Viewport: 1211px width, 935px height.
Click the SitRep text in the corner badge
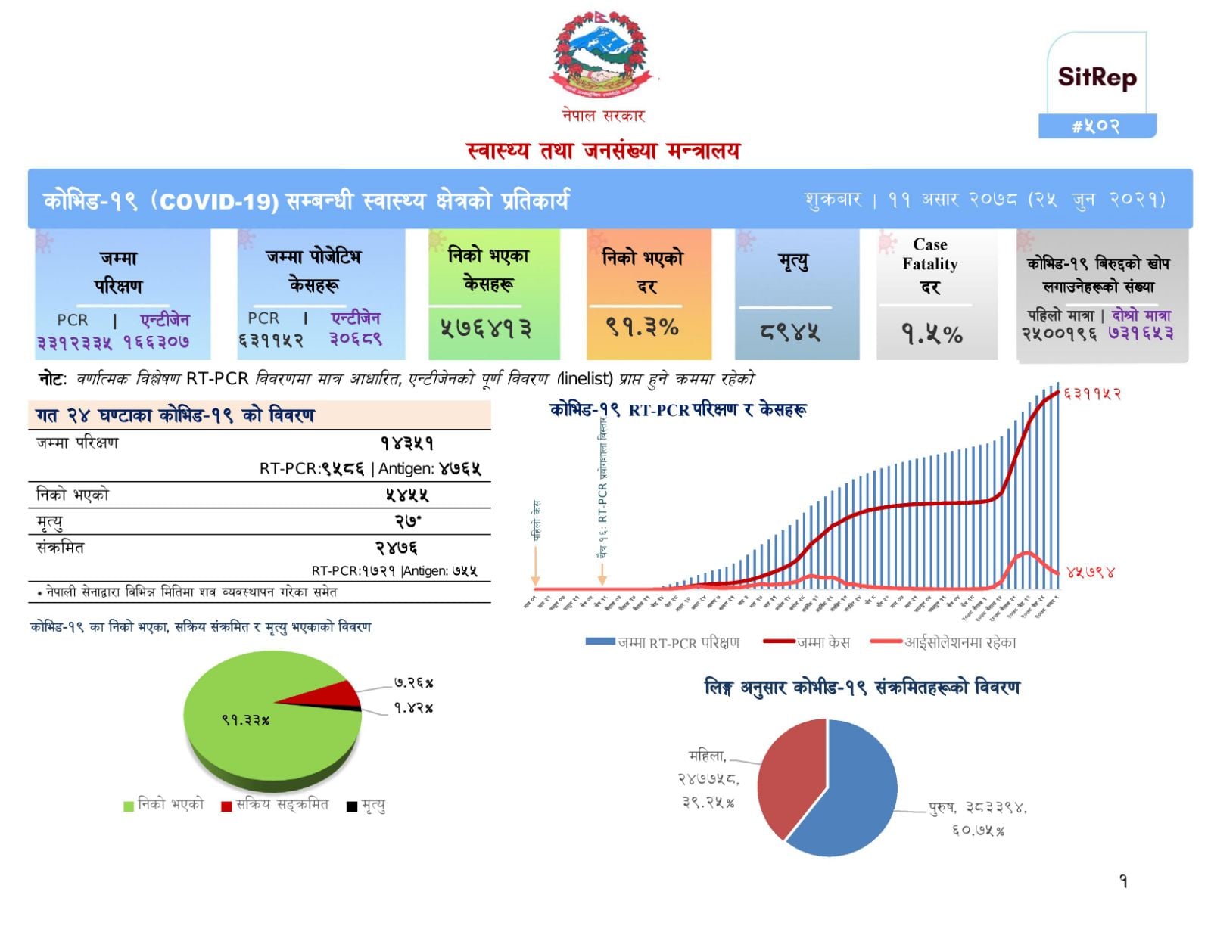[1097, 77]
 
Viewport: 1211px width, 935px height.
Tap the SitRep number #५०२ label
[1096, 126]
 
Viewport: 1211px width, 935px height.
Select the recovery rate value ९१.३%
[643, 327]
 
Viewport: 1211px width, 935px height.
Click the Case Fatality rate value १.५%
[931, 334]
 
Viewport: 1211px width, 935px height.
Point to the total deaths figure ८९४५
[790, 332]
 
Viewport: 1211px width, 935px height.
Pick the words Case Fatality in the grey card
[929, 254]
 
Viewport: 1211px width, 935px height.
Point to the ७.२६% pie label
[413, 682]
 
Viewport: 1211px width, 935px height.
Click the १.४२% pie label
[413, 708]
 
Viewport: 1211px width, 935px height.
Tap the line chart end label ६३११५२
[1092, 394]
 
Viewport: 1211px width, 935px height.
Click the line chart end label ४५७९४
[1090, 572]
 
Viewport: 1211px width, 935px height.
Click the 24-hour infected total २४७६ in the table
[396, 548]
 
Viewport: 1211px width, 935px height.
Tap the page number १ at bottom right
[1123, 881]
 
